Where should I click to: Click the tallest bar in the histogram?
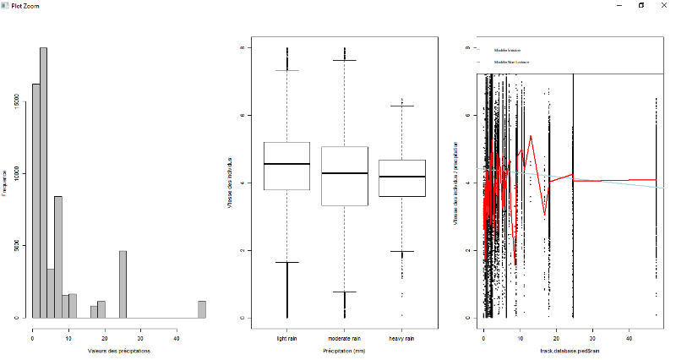pyautogui.click(x=43, y=182)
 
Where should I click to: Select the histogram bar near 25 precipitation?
pyautogui.click(x=123, y=284)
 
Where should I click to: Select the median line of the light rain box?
pyautogui.click(x=287, y=164)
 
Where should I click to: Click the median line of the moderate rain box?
pyautogui.click(x=345, y=173)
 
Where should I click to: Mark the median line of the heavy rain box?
pyautogui.click(x=401, y=177)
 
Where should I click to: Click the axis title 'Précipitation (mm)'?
pyautogui.click(x=345, y=350)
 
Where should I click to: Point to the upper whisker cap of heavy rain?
pyautogui.click(x=401, y=106)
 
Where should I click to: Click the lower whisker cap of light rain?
pyautogui.click(x=287, y=262)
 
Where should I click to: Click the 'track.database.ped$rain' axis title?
pyautogui.click(x=571, y=350)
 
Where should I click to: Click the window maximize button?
pyautogui.click(x=641, y=5)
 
